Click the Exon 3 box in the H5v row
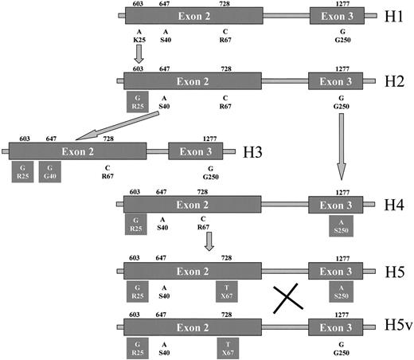pos(335,327)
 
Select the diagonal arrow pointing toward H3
pos(112,125)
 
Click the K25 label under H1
pos(139,38)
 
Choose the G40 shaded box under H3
pos(50,172)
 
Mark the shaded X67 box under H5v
pos(227,348)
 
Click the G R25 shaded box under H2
pos(139,100)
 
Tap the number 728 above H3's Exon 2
pos(107,139)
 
